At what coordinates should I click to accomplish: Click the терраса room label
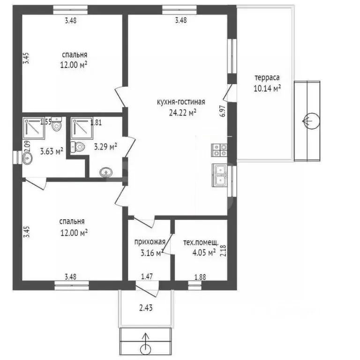267,78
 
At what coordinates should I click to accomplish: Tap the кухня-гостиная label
181,102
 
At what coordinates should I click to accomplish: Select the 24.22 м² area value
182,112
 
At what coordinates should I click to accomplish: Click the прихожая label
150,242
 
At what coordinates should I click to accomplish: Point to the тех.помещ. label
201,242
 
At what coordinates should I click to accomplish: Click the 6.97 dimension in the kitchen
223,111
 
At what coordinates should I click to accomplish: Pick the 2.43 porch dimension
146,307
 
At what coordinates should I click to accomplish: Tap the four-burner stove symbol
219,150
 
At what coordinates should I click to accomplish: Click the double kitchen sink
219,175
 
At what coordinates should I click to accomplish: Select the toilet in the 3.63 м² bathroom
56,124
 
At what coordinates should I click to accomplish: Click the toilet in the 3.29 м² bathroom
78,147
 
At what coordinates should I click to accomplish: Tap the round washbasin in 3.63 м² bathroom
27,158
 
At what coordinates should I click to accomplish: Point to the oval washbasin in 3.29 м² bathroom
106,172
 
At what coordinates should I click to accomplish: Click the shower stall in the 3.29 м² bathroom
82,128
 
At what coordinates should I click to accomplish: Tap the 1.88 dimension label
200,277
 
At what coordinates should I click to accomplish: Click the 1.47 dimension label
147,276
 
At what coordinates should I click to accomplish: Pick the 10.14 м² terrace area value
267,88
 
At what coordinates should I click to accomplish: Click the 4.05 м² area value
204,253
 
